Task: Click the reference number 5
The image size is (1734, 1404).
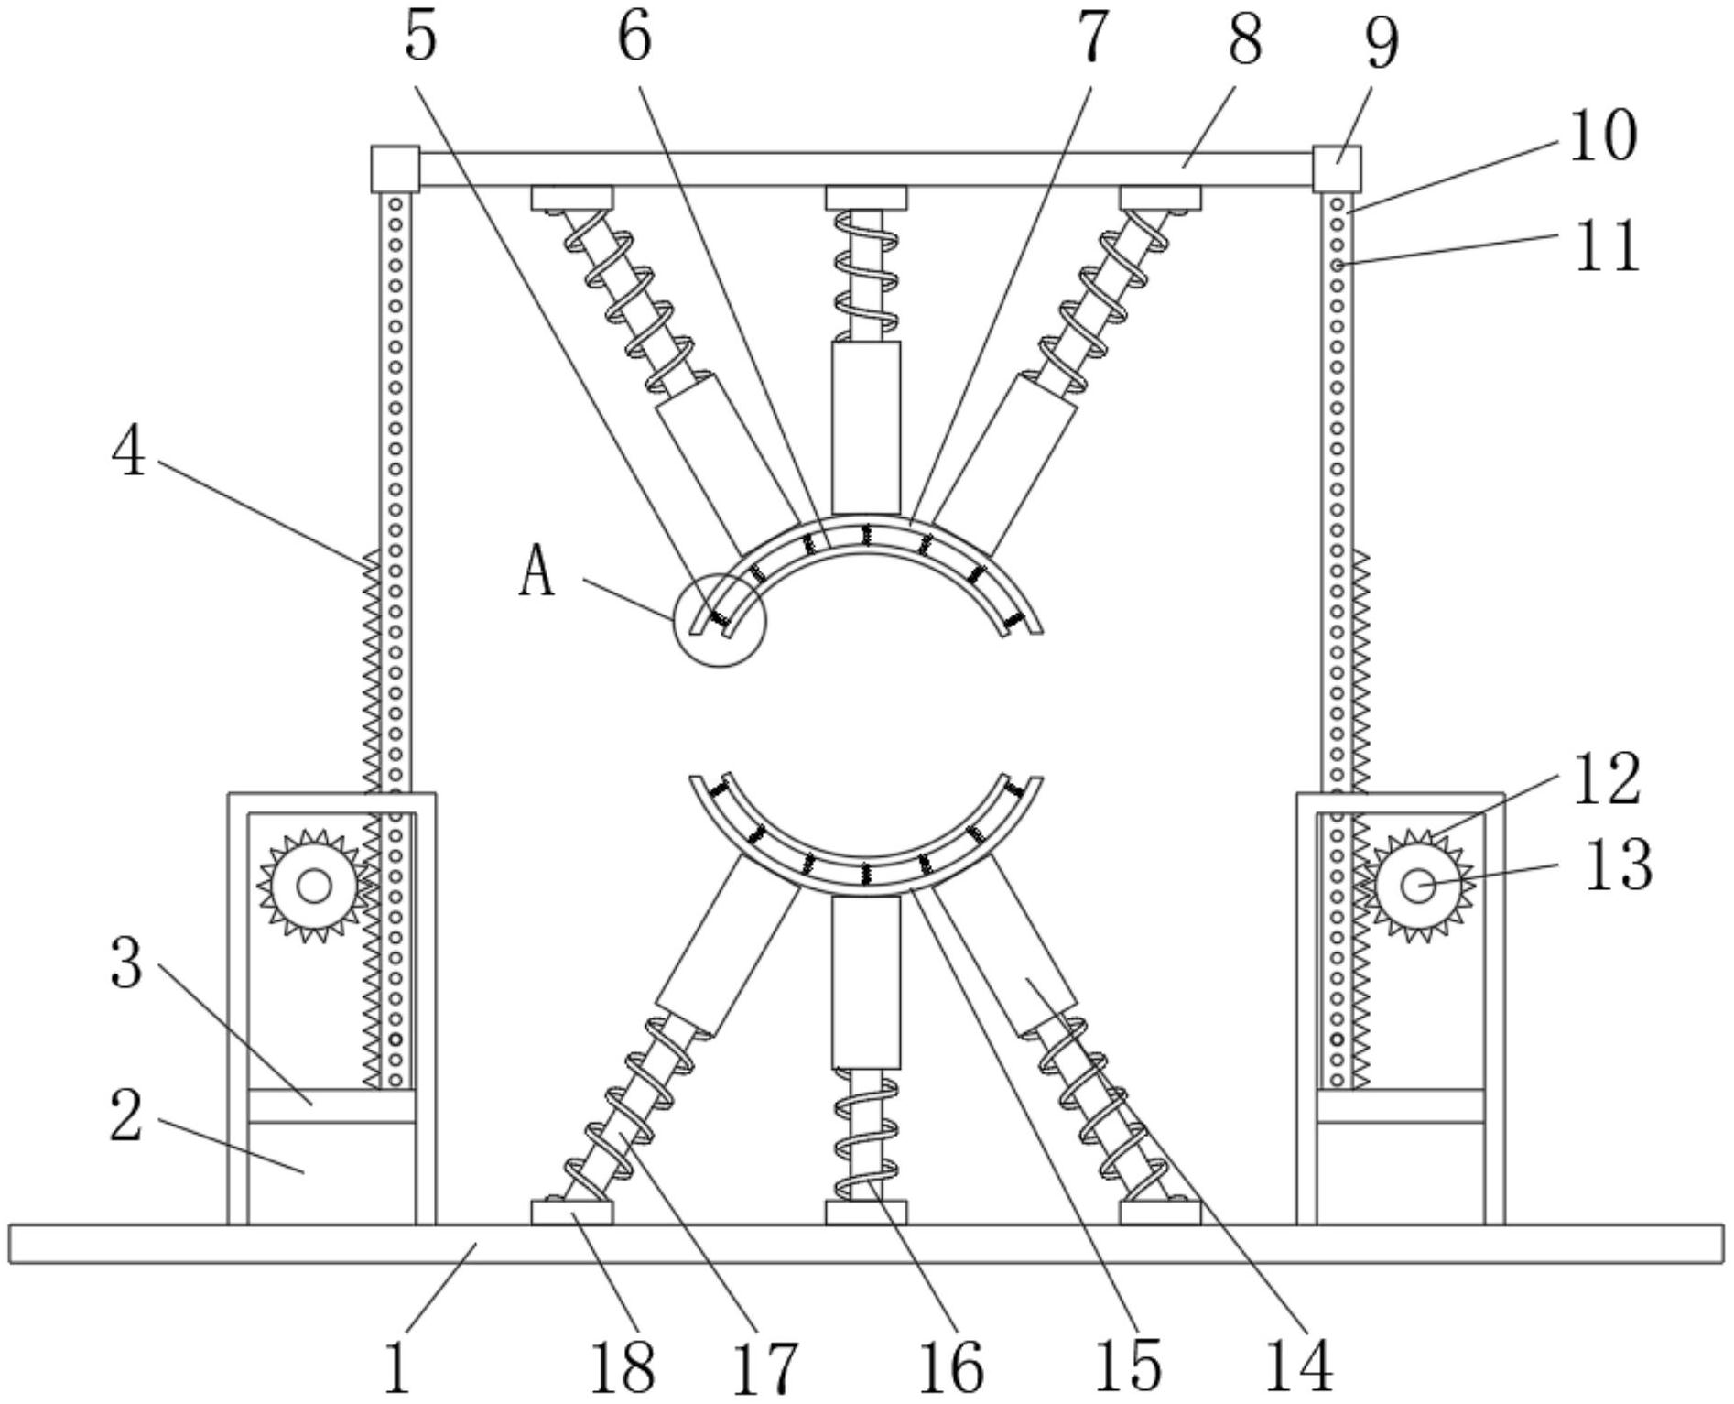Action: (x=420, y=38)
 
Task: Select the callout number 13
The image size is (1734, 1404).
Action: (x=1618, y=865)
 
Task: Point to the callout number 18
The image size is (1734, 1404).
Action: (x=623, y=1368)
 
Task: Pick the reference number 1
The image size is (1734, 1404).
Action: (x=396, y=1368)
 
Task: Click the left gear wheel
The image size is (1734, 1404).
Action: (x=313, y=886)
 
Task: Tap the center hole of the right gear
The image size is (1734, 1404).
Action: (x=1418, y=885)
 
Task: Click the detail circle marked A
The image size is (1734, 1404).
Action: (x=720, y=620)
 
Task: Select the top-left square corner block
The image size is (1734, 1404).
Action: (x=395, y=169)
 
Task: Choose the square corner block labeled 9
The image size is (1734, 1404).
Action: (x=1337, y=169)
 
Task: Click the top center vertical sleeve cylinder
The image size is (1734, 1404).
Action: (x=866, y=428)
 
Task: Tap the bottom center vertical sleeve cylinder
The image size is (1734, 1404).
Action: (x=866, y=983)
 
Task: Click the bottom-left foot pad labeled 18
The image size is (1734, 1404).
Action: (x=571, y=1214)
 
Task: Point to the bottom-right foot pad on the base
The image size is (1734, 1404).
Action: (x=1160, y=1214)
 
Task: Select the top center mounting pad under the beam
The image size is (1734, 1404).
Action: (x=866, y=198)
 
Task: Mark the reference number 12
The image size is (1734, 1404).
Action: (x=1607, y=779)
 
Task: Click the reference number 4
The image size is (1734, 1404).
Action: (x=128, y=452)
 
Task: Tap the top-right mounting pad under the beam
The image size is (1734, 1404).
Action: (x=1160, y=198)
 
